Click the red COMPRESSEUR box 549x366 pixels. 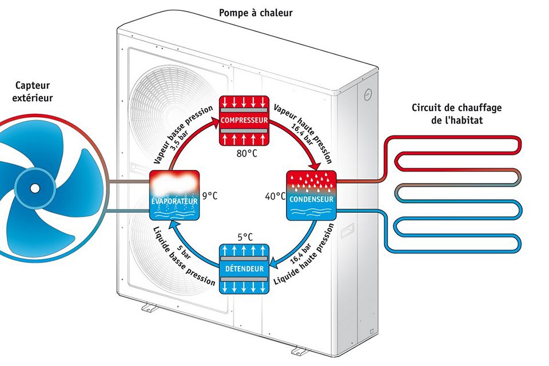click(x=244, y=120)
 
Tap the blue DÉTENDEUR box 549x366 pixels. click(x=244, y=268)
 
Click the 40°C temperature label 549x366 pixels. click(x=275, y=196)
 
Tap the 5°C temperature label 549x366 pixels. click(x=244, y=236)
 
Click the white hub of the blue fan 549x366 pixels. click(x=34, y=187)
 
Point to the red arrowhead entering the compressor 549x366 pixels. click(x=214, y=121)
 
